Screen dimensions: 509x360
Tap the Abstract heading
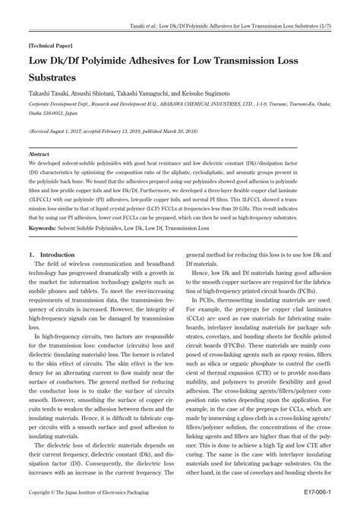click(x=39, y=154)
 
